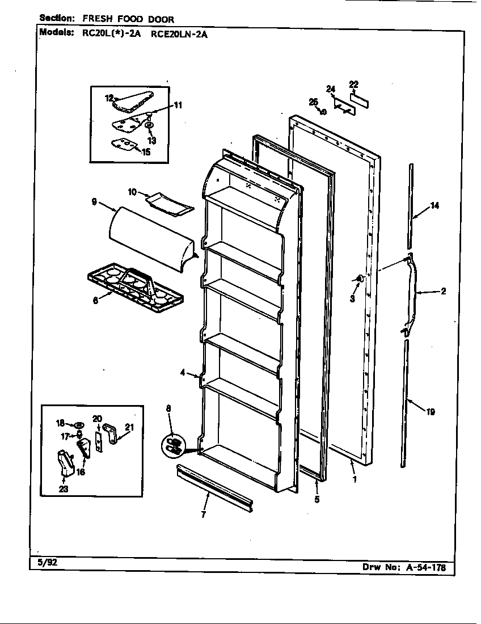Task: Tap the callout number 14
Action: point(434,206)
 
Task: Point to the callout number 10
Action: point(132,192)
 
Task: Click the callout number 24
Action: point(331,88)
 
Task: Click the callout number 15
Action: point(145,151)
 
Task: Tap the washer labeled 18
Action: point(79,423)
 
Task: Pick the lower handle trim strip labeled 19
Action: point(406,403)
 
